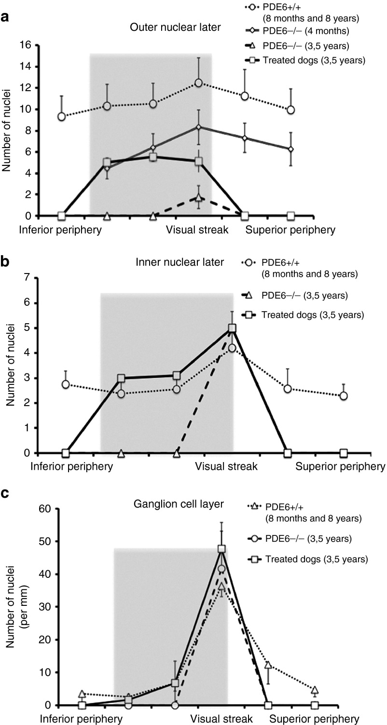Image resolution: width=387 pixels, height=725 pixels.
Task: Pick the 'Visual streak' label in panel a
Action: coord(197,229)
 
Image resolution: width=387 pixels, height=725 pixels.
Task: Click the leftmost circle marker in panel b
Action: coord(66,384)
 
